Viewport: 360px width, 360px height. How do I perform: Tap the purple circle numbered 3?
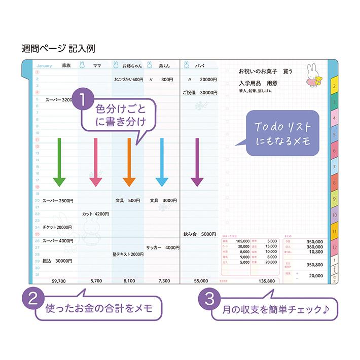click(209, 298)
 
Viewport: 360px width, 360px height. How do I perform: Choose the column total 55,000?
click(201, 280)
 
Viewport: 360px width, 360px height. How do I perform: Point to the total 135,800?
click(266, 280)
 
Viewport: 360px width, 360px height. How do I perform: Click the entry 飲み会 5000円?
click(200, 234)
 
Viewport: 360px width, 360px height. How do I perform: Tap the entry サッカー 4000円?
click(162, 247)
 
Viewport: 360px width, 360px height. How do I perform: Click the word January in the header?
click(45, 65)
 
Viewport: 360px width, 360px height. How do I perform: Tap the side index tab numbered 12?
click(334, 247)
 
